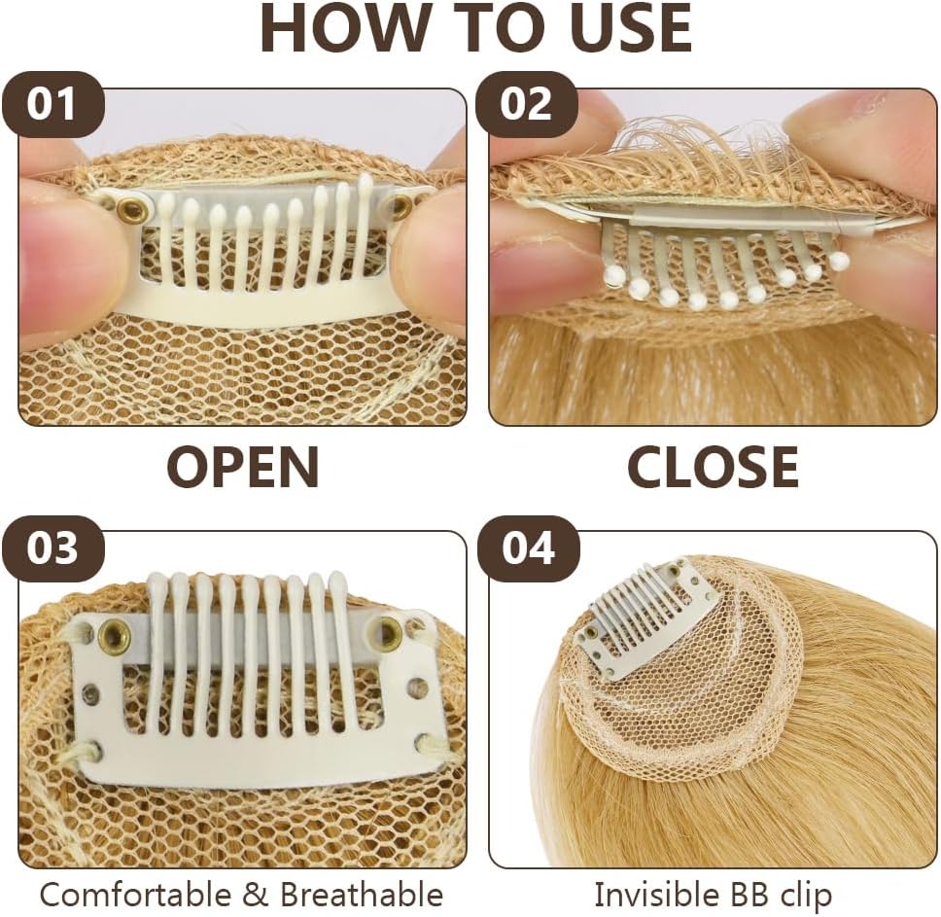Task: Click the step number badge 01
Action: click(x=52, y=104)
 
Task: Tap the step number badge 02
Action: click(x=526, y=104)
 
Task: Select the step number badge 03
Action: click(x=52, y=547)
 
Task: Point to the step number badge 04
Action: click(x=527, y=547)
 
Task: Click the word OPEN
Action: click(x=242, y=467)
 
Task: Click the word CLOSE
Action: click(x=713, y=467)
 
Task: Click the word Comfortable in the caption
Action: click(x=135, y=895)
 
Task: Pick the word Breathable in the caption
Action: click(x=362, y=895)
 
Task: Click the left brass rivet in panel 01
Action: click(x=127, y=208)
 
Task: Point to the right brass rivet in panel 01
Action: click(x=401, y=206)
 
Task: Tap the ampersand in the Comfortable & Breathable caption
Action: click(x=256, y=895)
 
